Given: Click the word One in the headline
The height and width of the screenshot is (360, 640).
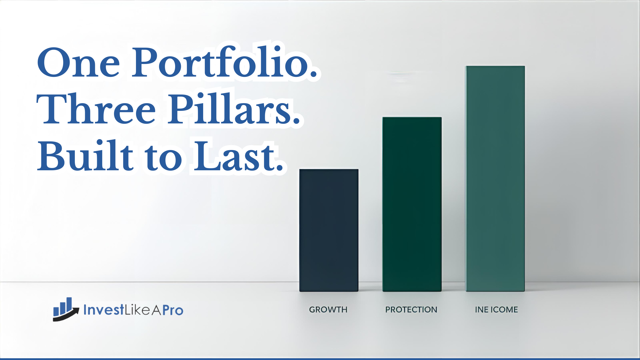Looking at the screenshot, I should click(x=79, y=63).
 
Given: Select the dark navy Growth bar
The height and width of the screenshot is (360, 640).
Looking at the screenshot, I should click(x=329, y=230).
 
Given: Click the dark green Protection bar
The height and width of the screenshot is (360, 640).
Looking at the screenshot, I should click(x=412, y=204).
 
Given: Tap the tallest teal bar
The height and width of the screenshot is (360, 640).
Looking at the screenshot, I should click(x=495, y=179).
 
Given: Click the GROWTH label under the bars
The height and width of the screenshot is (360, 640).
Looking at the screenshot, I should click(x=328, y=310).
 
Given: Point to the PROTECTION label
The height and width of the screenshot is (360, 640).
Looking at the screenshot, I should click(x=411, y=310).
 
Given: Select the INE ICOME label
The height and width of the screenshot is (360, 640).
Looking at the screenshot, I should click(x=496, y=310).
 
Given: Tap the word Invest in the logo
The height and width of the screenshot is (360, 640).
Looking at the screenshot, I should click(x=104, y=310).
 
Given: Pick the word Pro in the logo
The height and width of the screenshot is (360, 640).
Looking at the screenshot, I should click(x=173, y=310).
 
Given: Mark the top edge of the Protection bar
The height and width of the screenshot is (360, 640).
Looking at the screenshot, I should click(x=412, y=117).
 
